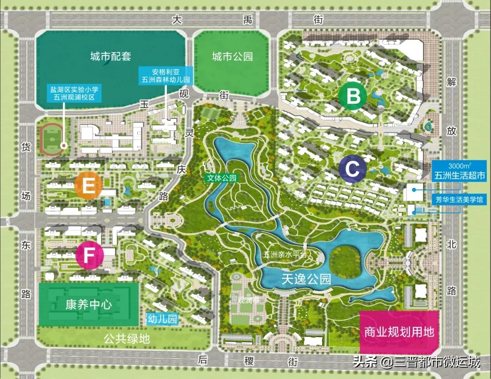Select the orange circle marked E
click(88, 185)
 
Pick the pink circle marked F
click(90, 256)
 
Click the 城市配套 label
click(110, 56)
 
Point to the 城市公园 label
click(232, 56)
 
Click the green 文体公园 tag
click(221, 179)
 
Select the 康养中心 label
click(88, 304)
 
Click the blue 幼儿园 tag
click(162, 319)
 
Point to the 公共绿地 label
click(126, 338)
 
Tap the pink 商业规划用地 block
click(399, 332)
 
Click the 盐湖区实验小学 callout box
click(75, 93)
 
